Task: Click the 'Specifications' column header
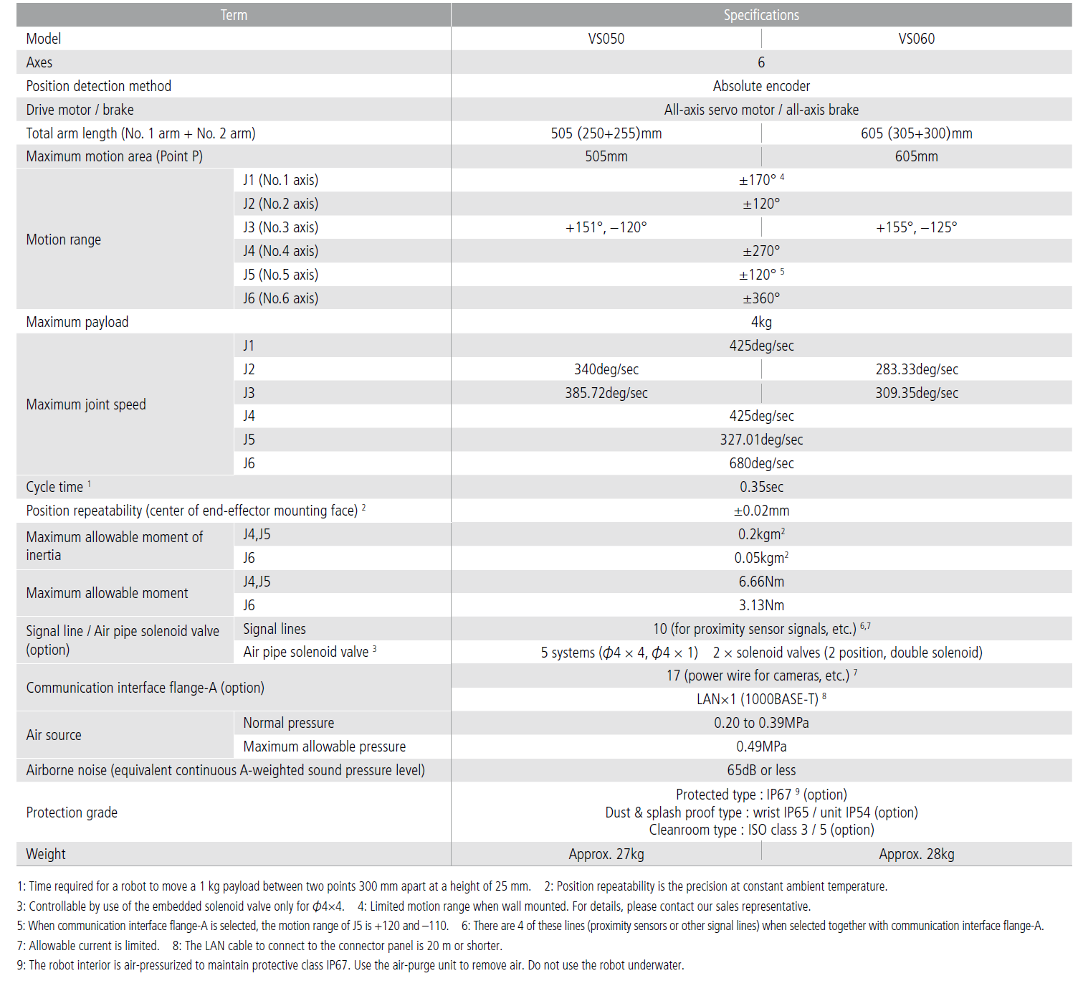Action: click(x=760, y=15)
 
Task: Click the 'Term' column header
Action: click(x=234, y=15)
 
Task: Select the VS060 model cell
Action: click(x=916, y=39)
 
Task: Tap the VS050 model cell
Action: click(x=606, y=39)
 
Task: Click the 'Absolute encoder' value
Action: click(x=760, y=86)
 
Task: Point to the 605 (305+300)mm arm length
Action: click(x=916, y=133)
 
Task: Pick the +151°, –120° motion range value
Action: click(x=606, y=227)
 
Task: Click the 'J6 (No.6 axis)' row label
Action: click(x=280, y=298)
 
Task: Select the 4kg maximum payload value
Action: click(x=760, y=322)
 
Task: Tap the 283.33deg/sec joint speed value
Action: click(x=916, y=369)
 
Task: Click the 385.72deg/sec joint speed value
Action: click(x=606, y=393)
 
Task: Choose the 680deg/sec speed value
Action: click(x=760, y=463)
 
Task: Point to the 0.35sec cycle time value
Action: click(x=760, y=487)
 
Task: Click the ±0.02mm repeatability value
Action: click(x=760, y=511)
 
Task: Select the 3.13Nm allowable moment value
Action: click(x=760, y=605)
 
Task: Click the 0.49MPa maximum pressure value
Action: click(x=760, y=746)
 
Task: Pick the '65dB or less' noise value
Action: click(x=760, y=770)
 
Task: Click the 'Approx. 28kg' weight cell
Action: click(x=916, y=854)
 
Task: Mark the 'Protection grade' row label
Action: click(x=72, y=812)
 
